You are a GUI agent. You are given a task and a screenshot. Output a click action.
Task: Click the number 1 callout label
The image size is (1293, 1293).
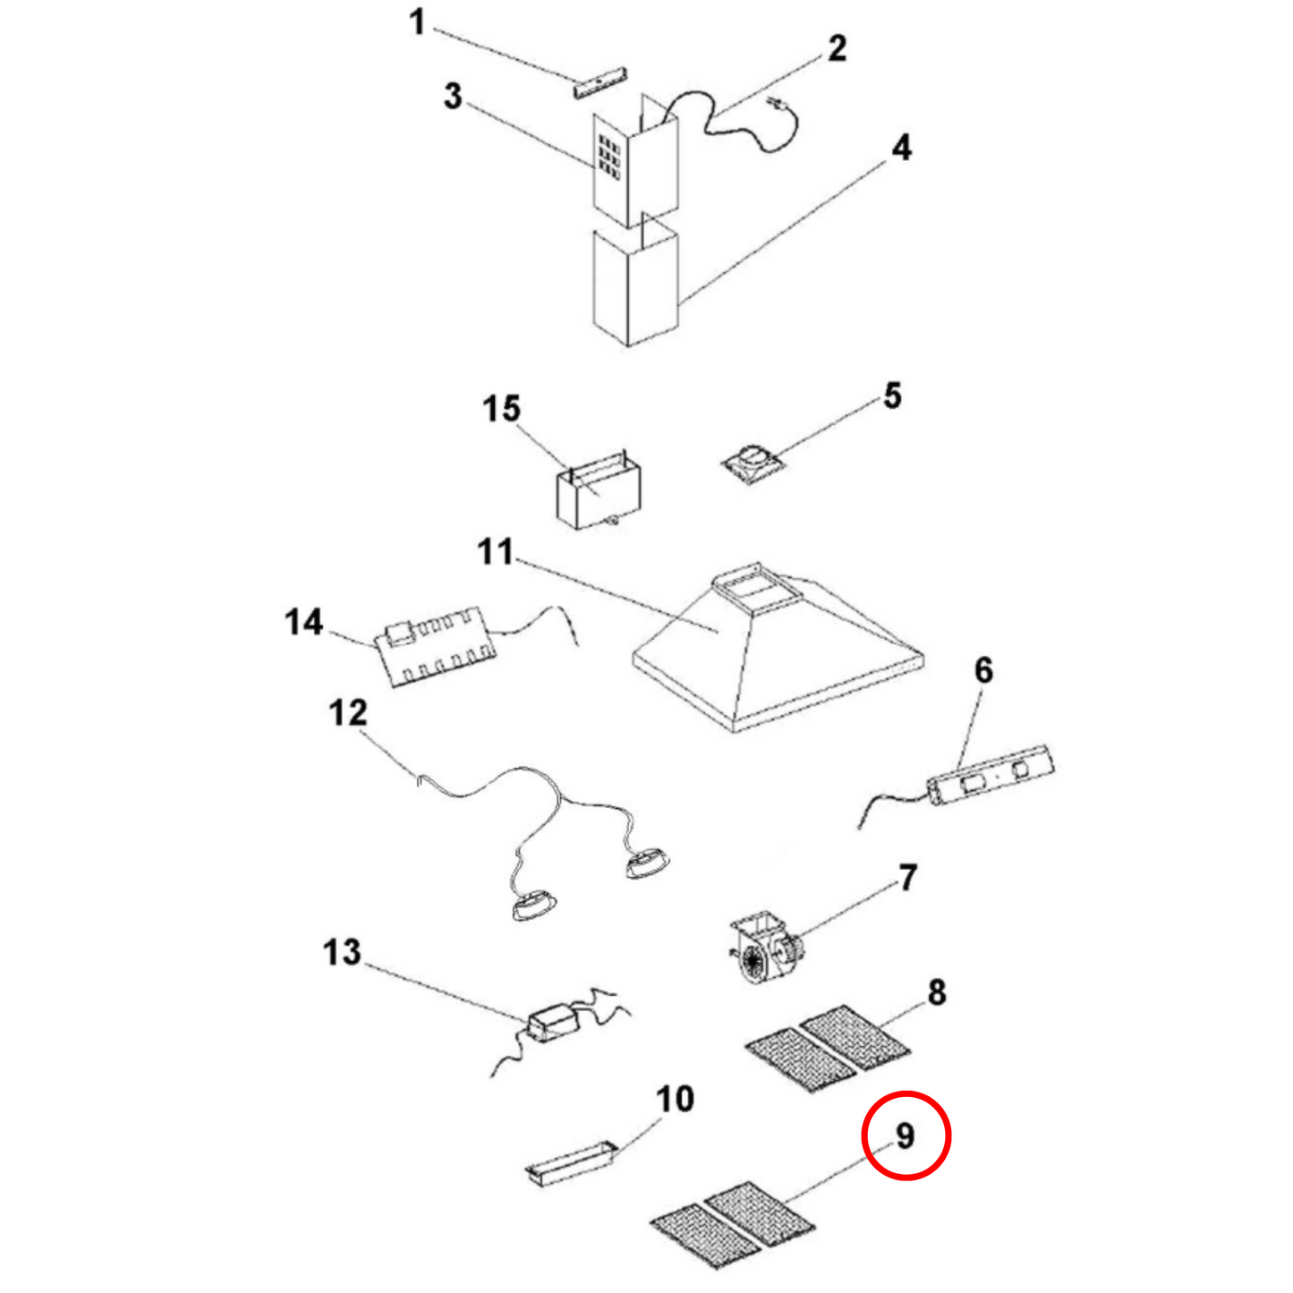[417, 22]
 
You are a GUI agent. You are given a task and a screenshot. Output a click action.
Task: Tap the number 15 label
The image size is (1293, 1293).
[501, 409]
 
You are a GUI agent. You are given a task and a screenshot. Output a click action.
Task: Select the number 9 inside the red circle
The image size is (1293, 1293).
[905, 1136]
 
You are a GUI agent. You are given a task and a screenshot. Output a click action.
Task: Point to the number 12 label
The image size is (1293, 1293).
[347, 713]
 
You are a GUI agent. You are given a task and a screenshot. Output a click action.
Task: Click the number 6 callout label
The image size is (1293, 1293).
[983, 670]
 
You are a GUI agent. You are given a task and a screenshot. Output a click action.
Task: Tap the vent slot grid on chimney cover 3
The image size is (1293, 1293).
[609, 158]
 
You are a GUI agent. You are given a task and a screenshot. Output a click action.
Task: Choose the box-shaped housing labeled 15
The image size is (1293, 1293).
[598, 495]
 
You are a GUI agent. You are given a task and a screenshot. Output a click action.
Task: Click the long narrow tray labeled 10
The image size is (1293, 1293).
[571, 1163]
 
